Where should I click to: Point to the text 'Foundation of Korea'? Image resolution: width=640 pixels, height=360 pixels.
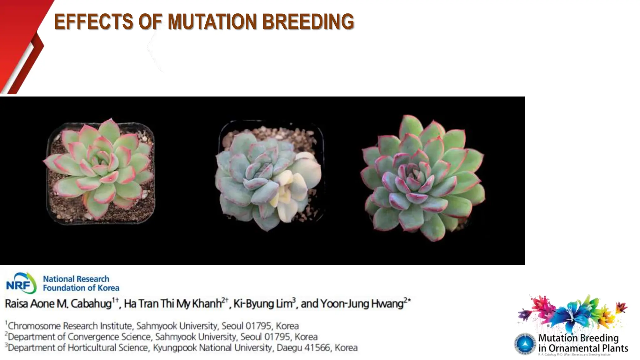pos(81,288)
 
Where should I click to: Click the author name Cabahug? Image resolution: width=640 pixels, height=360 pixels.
pos(91,304)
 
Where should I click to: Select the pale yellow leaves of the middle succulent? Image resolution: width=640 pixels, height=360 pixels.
pos(286,191)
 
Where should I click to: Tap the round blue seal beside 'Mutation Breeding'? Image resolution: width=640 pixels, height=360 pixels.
pos(525,344)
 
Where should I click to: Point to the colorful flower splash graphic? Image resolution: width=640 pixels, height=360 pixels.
pos(572,312)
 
